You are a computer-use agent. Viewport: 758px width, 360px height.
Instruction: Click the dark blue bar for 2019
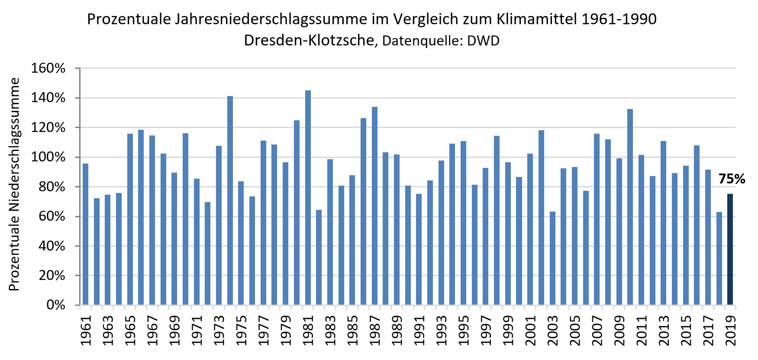click(x=730, y=250)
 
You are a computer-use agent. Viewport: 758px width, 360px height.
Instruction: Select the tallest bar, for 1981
click(x=308, y=198)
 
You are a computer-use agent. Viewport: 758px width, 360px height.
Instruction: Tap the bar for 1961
click(x=85, y=234)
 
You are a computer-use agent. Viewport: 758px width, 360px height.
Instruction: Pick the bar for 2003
click(x=552, y=258)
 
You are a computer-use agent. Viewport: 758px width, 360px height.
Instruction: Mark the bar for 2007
click(x=597, y=219)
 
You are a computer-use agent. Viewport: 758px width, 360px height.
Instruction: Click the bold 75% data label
click(x=732, y=179)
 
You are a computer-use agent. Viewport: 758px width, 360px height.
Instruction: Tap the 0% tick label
click(x=56, y=305)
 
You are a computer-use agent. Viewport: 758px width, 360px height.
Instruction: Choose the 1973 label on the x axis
click(x=219, y=331)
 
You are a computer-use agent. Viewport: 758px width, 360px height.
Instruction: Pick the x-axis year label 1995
click(x=464, y=331)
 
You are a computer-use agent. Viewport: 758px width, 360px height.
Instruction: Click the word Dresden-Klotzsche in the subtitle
click(x=309, y=40)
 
